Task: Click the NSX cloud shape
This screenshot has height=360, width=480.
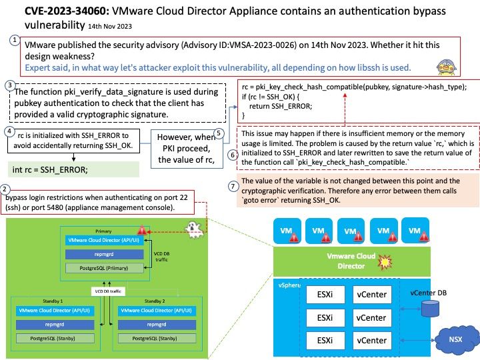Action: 453,339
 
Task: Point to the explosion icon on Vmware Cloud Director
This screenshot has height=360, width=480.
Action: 385,261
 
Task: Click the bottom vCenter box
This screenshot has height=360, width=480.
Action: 371,340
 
